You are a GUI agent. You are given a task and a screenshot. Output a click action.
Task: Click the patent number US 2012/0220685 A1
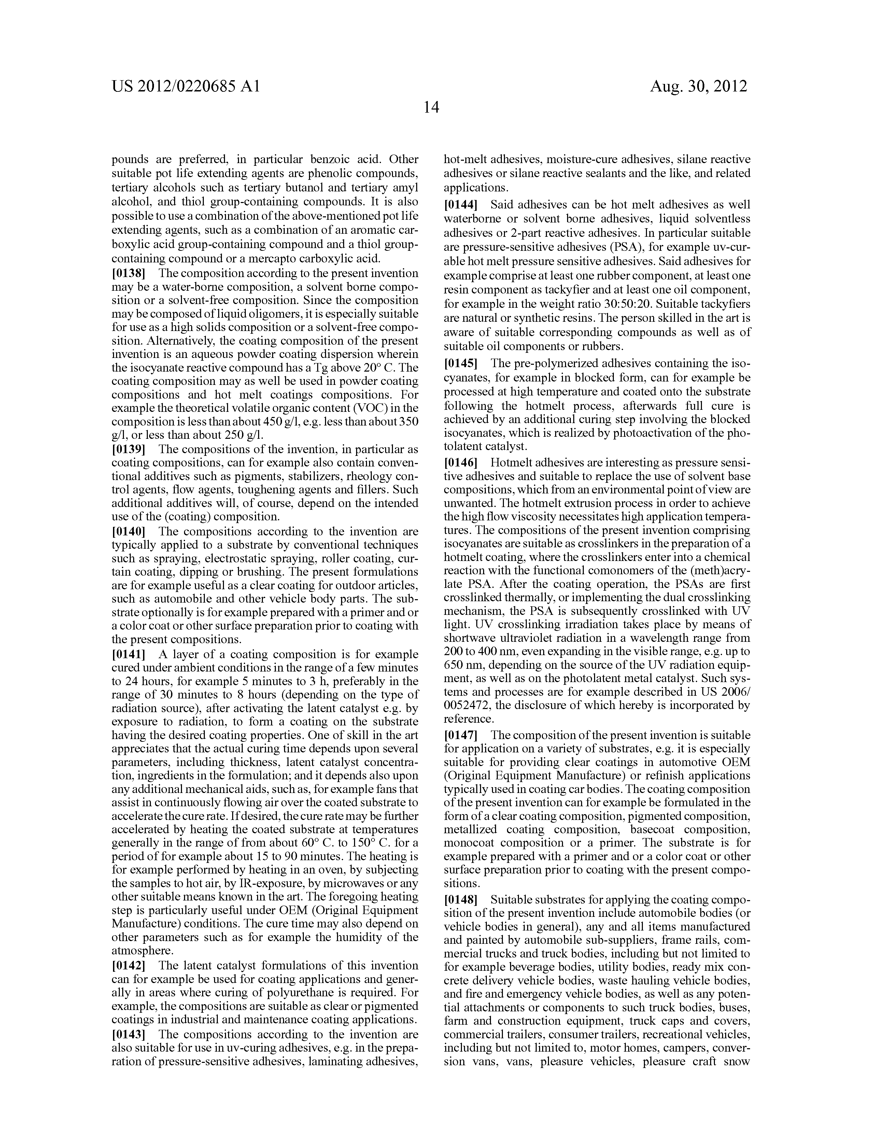click(x=186, y=86)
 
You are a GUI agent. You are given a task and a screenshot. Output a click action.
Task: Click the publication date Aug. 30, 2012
click(x=698, y=86)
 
